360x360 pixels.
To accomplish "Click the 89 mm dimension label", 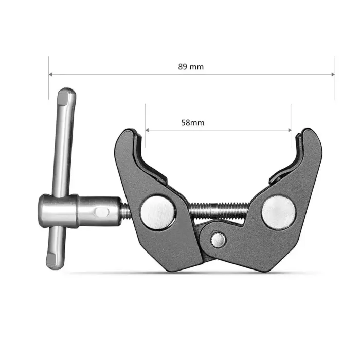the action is tap(191, 67).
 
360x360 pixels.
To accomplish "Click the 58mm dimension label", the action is tap(193, 123).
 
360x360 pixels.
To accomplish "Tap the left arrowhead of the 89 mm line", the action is tap(50, 74).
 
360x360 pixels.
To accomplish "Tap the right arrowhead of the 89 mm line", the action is tap(333, 74).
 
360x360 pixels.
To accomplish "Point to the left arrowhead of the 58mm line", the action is tap(147, 130).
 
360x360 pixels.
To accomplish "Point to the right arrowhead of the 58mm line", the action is tap(290, 130).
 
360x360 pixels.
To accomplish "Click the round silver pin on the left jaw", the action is tap(158, 212).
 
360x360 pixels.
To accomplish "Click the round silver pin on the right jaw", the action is tap(279, 212).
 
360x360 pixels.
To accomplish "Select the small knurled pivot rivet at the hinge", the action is tap(218, 240).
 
